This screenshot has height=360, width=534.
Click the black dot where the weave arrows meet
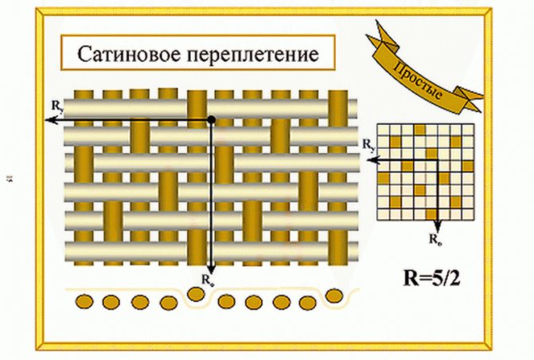[211, 119]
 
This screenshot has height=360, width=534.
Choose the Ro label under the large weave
[206, 280]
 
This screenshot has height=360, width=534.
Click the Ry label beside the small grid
[368, 145]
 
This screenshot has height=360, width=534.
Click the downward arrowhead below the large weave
[211, 269]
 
